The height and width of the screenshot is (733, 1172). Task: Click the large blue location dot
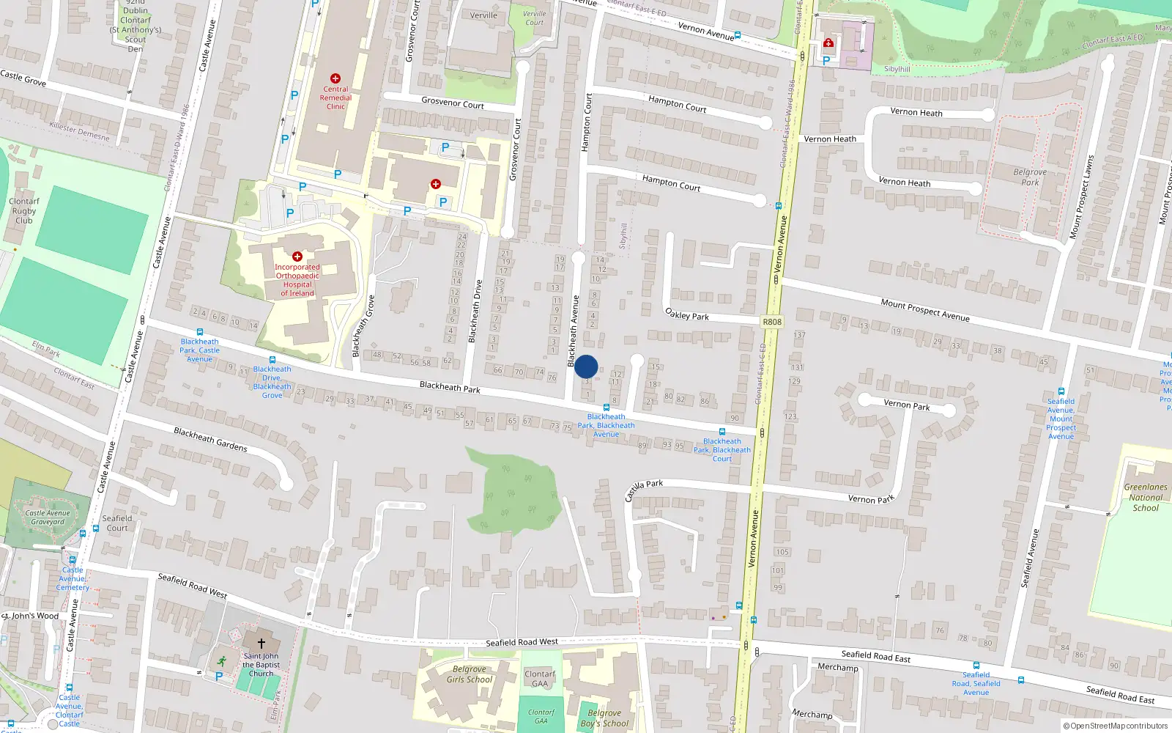coord(586,366)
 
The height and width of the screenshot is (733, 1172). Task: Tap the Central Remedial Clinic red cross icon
coord(335,78)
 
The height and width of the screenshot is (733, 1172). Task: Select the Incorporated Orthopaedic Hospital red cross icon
coord(297,257)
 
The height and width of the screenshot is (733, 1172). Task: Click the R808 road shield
coord(772,322)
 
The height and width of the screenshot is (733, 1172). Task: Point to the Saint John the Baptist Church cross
coord(261,643)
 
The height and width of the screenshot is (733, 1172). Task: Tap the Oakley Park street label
coord(687,314)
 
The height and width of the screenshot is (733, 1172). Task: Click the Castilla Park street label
coord(644,490)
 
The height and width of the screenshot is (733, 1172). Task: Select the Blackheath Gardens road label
coord(210,439)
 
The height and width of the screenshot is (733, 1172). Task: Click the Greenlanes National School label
coord(1146,497)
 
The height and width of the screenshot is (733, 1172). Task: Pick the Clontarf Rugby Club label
coord(23,210)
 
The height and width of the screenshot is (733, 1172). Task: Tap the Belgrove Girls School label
coord(470,674)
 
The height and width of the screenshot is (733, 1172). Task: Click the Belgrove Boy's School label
coord(604,718)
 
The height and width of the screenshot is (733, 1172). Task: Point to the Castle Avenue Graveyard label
coord(48,517)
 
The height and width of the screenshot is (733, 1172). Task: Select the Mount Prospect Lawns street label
coord(1081,196)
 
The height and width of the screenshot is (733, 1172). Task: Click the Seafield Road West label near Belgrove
coord(522,642)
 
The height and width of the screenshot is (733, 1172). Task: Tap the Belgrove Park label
coord(1030,177)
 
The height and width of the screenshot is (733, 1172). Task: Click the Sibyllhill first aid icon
coord(828,43)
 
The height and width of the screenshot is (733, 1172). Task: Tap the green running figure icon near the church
coord(221,661)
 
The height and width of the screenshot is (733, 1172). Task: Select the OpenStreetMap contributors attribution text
coord(1115,726)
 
